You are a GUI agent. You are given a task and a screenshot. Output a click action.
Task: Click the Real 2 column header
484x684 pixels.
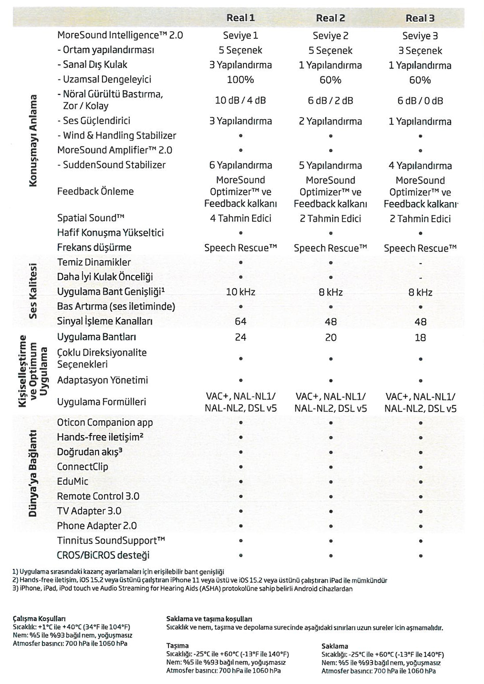tap(330, 18)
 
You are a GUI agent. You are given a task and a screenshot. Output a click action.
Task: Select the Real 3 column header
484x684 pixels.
tap(420, 18)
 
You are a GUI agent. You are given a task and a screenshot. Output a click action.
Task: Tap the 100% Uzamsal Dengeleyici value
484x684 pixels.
tap(240, 80)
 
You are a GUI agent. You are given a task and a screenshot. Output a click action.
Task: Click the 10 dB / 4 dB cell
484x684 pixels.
tap(240, 100)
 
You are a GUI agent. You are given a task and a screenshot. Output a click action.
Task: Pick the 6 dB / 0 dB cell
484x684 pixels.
tap(420, 101)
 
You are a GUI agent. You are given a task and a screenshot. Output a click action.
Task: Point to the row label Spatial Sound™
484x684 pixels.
tap(91, 218)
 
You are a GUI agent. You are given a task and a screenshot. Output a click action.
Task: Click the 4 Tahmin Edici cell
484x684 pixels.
tap(241, 218)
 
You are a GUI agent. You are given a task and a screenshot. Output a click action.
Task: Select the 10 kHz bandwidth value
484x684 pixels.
tap(241, 292)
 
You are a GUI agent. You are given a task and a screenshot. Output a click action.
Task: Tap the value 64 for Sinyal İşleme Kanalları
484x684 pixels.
tap(241, 321)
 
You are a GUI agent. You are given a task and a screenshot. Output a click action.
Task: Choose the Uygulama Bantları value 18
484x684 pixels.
tap(420, 337)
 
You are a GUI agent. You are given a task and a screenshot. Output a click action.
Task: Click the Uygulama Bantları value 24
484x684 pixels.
tap(241, 337)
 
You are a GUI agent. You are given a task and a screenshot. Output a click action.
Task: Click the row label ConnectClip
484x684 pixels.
tap(83, 466)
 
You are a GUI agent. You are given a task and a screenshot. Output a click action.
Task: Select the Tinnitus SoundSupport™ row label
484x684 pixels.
tap(111, 540)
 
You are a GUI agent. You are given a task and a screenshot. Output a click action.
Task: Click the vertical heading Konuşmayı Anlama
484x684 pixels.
tap(33, 141)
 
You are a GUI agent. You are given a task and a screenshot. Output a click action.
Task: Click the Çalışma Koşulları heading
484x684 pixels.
tap(39, 619)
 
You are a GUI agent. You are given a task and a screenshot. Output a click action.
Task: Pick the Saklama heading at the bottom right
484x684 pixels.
tap(334, 646)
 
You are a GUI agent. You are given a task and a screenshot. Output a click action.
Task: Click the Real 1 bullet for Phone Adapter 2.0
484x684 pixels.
tap(241, 526)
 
